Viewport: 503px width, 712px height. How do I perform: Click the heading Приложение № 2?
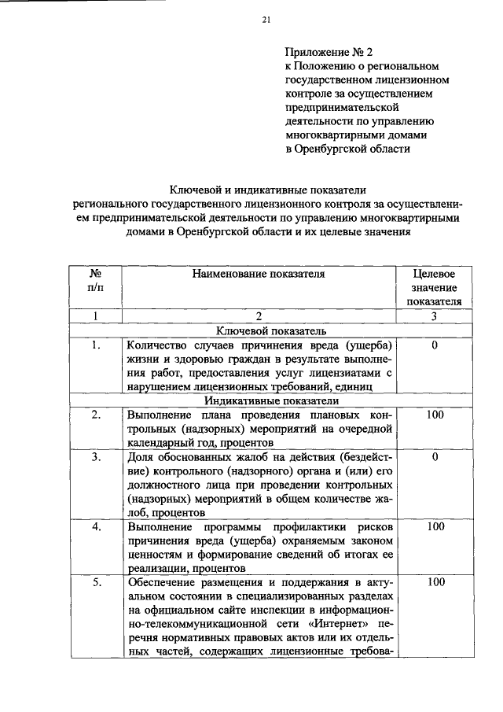point(326,53)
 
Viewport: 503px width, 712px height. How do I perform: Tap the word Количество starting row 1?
point(158,345)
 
